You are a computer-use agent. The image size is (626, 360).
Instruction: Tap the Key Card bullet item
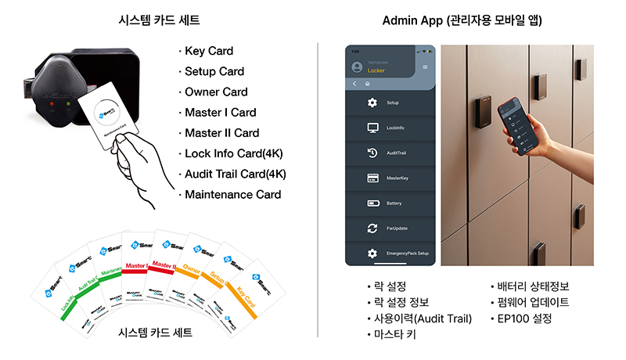209,52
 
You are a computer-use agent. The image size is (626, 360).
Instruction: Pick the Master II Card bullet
221,133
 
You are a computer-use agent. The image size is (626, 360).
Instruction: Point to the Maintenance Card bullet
233,194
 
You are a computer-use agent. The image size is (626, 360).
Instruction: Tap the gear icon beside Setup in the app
372,103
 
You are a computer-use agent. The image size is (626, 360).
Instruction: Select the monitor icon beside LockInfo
372,128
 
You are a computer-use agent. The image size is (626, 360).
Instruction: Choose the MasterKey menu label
398,178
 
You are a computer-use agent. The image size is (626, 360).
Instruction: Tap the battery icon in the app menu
372,203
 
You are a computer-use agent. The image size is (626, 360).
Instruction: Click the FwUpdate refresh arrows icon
372,229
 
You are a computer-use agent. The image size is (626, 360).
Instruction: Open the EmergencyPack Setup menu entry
407,254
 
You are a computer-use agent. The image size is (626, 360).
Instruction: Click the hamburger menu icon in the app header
426,67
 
